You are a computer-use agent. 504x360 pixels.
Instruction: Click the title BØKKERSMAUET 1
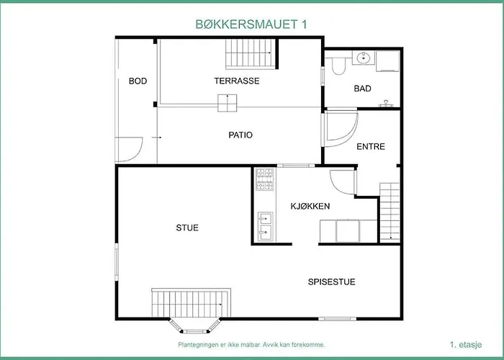tap(251, 24)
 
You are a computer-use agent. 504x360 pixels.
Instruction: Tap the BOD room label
tap(138, 81)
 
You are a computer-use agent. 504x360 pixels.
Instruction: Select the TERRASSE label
tap(237, 81)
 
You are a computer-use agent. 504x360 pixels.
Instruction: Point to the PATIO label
tap(240, 135)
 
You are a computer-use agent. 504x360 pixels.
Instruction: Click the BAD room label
tap(363, 89)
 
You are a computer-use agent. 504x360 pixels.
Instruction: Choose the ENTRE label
tap(371, 147)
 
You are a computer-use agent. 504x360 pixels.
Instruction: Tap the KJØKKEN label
tap(310, 207)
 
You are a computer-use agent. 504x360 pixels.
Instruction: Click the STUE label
tap(187, 228)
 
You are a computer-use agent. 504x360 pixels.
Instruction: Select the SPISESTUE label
tap(331, 282)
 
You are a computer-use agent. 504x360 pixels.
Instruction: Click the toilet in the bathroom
tap(338, 66)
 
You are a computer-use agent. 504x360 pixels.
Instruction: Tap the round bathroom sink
tap(364, 58)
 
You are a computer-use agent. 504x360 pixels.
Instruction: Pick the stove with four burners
tap(265, 179)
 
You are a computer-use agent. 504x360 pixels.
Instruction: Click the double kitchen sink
tap(266, 226)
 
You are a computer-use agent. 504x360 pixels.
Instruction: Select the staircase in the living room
tap(191, 303)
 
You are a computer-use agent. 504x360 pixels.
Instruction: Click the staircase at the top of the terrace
tap(250, 54)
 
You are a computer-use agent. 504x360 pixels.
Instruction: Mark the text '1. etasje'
tap(466, 345)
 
